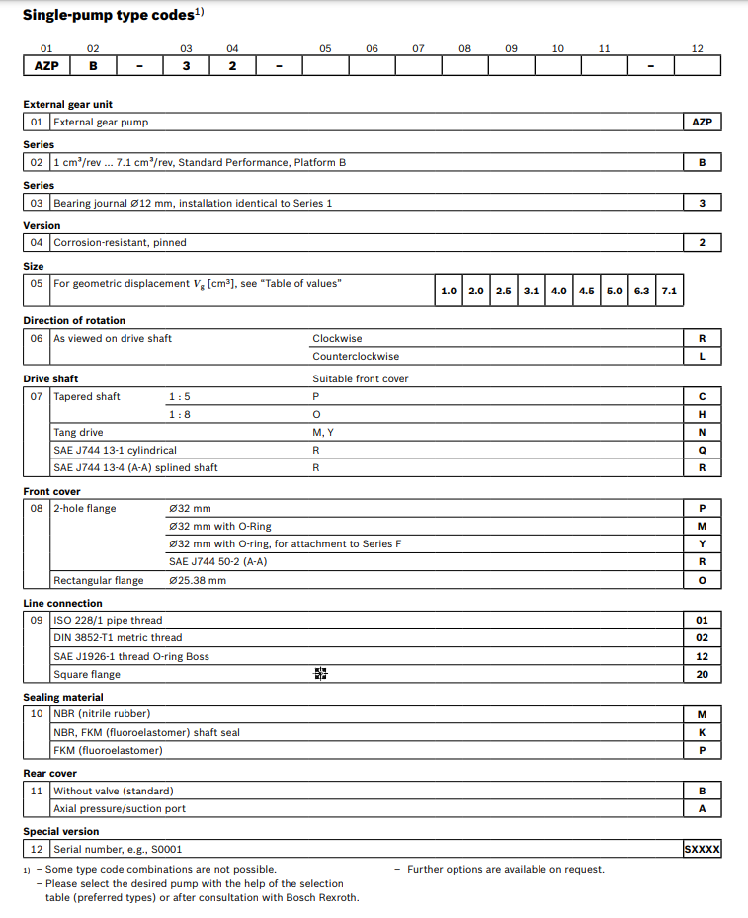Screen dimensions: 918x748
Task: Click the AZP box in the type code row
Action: tap(46, 66)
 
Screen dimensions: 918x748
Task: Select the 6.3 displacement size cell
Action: tap(641, 291)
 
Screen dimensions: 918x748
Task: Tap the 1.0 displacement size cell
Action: tap(448, 291)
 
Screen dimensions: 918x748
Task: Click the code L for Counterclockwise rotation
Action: tap(702, 356)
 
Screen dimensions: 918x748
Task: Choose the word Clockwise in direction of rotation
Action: tap(337, 338)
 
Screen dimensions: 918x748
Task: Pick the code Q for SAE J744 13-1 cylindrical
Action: tap(702, 450)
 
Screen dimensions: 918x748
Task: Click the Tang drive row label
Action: tap(78, 432)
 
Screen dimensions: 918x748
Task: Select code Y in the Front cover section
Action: tap(702, 543)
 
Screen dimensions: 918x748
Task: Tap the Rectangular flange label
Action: tap(98, 580)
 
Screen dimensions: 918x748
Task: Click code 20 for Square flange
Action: tap(702, 674)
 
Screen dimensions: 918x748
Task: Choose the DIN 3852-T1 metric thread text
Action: tap(118, 637)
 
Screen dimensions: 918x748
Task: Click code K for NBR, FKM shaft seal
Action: tap(702, 732)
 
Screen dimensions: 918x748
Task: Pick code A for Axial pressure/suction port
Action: tap(702, 808)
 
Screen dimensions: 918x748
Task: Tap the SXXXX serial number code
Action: tap(702, 848)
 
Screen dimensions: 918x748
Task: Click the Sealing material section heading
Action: tap(63, 697)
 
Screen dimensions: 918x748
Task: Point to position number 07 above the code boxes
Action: tap(418, 47)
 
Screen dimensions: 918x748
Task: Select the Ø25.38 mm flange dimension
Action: tap(198, 580)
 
